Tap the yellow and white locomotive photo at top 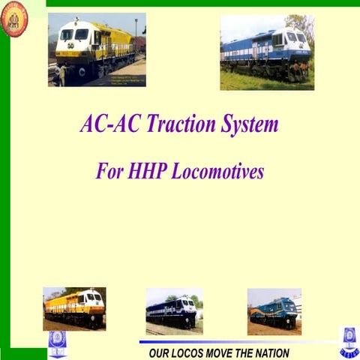pos(97,49)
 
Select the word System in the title pos(249,124)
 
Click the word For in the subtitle pos(110,171)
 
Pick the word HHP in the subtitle pos(148,171)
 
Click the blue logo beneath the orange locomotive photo pos(58,342)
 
